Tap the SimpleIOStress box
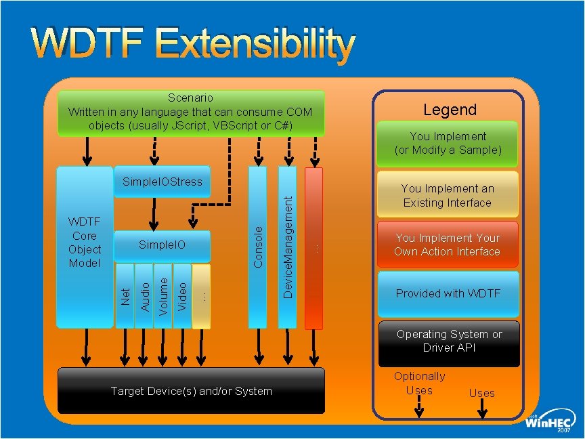tap(162, 182)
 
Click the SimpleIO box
tap(162, 245)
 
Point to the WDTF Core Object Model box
tap(85, 243)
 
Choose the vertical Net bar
tap(125, 297)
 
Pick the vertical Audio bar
tap(144, 297)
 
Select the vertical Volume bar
tap(163, 297)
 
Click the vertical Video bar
tap(182, 297)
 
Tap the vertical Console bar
tap(258, 247)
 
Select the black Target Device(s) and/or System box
tap(191, 391)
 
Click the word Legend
tap(450, 110)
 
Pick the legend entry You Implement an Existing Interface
tap(448, 195)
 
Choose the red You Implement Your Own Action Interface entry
tap(448, 245)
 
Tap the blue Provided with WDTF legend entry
tap(448, 294)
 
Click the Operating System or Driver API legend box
tap(449, 341)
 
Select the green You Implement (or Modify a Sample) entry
tap(448, 144)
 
